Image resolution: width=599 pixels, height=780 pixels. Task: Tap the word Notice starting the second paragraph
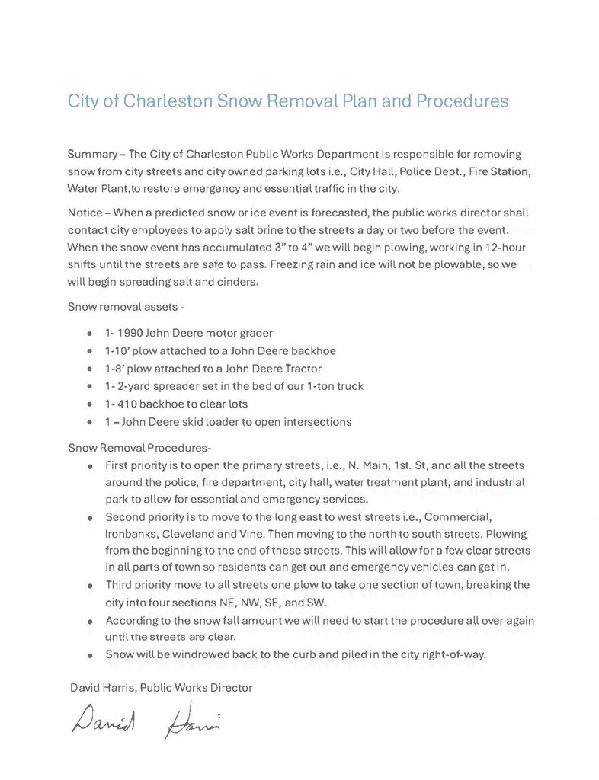click(x=84, y=213)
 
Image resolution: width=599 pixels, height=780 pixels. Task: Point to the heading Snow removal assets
click(x=124, y=308)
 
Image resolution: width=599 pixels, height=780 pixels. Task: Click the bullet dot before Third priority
click(x=91, y=586)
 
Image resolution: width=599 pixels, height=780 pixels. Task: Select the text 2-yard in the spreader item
click(x=135, y=386)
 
